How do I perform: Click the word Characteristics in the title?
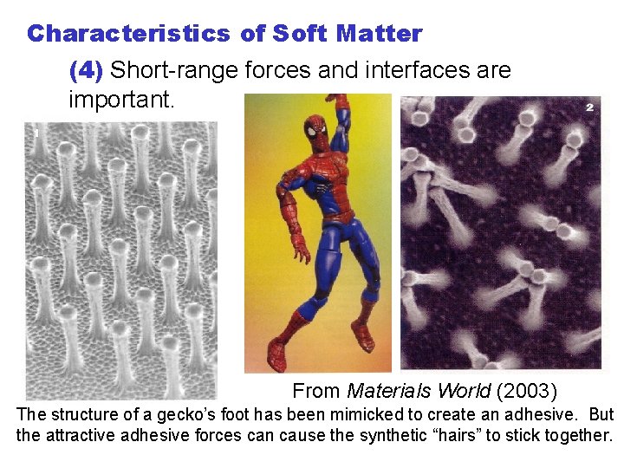tap(128, 34)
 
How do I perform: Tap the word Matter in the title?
tap(379, 34)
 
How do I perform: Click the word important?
tap(121, 100)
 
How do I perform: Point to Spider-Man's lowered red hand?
tap(302, 250)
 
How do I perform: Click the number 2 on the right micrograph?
tap(588, 107)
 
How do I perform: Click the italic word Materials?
tap(388, 391)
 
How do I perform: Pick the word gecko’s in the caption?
tap(192, 414)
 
